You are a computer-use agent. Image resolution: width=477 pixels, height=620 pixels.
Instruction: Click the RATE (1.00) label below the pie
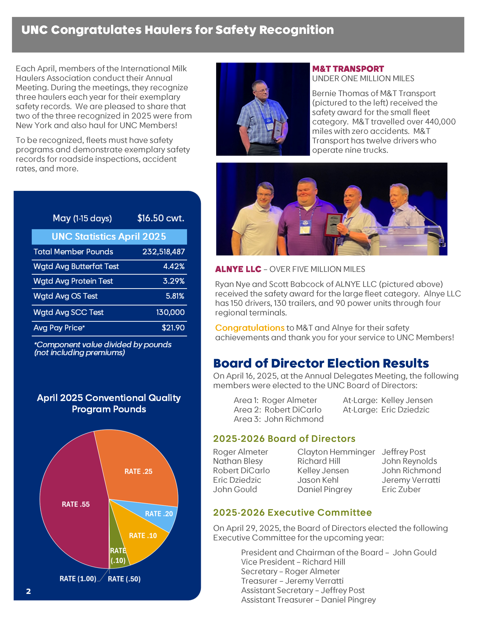click(78, 579)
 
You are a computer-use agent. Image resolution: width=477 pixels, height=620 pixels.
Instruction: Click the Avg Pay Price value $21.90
click(173, 328)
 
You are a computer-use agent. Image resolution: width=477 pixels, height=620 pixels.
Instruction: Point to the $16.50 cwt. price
click(160, 218)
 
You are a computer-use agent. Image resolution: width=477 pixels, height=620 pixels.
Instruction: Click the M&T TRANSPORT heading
click(348, 69)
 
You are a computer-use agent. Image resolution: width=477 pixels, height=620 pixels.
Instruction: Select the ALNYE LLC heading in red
click(238, 269)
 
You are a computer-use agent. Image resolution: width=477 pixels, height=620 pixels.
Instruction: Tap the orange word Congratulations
click(250, 328)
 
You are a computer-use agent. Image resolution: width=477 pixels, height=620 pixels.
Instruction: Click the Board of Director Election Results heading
click(321, 363)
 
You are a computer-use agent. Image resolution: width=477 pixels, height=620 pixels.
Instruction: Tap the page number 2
click(28, 591)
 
